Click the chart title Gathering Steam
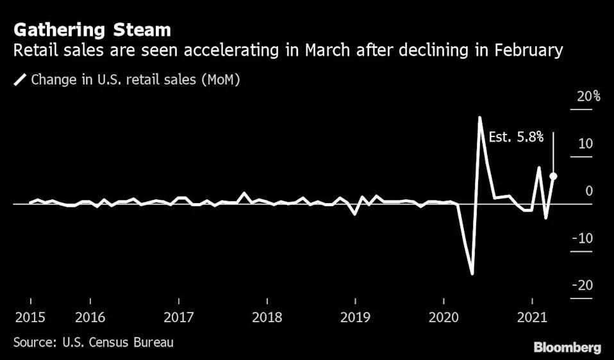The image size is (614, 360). click(92, 29)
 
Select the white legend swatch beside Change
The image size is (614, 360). click(20, 80)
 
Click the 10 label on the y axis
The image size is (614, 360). click(585, 143)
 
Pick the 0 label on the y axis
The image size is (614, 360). click(588, 191)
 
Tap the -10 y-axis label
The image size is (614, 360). click(583, 238)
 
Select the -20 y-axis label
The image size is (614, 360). click(582, 286)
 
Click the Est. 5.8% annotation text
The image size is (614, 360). click(516, 136)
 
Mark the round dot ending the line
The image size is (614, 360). click(553, 176)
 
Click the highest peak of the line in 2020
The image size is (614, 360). click(479, 118)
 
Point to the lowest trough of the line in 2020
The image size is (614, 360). click(472, 274)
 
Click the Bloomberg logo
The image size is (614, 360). click(567, 348)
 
